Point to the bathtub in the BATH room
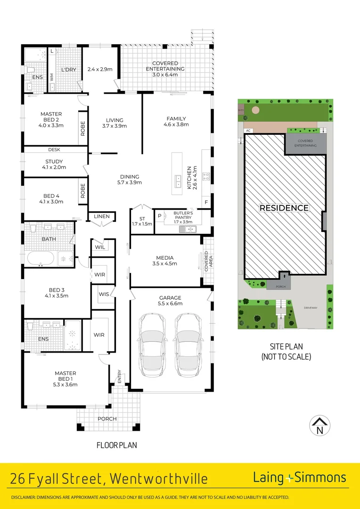[41, 259]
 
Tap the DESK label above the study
[54, 150]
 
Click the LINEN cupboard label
[101, 217]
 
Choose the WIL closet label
[100, 246]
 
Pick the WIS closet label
[103, 295]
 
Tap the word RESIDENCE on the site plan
[284, 208]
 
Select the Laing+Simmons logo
[300, 478]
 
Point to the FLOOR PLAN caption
[116, 444]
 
